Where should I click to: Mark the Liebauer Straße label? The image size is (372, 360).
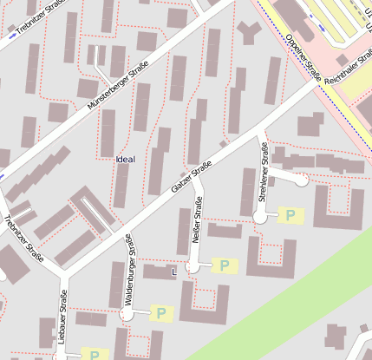click(x=63, y=317)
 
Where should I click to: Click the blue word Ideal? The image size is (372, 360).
click(x=125, y=159)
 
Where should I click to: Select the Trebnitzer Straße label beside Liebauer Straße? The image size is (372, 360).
click(x=23, y=238)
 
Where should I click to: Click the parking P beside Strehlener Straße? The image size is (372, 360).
click(x=290, y=214)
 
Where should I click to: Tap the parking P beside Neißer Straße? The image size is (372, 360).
click(x=225, y=265)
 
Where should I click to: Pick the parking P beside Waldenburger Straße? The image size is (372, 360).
click(x=160, y=312)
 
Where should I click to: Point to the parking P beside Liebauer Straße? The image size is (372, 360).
click(x=95, y=354)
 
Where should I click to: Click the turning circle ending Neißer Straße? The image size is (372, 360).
click(x=193, y=268)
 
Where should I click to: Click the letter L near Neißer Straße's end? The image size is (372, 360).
click(x=174, y=272)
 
